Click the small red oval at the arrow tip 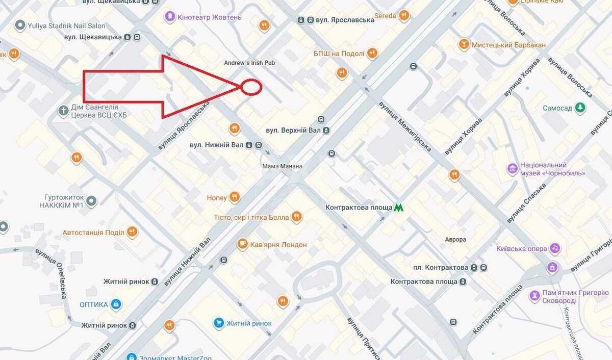[251, 87]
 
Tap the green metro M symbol [399, 208]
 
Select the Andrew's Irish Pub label [249, 63]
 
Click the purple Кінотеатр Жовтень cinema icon [169, 17]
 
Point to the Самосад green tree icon [580, 108]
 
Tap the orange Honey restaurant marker [234, 197]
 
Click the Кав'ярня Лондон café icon [243, 245]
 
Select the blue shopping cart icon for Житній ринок [219, 323]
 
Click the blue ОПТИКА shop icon [116, 304]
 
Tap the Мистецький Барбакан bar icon [464, 45]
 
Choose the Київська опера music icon [555, 249]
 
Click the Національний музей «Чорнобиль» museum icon [512, 169]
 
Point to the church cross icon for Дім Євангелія [63, 111]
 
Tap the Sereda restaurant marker [404, 16]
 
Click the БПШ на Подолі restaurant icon [372, 54]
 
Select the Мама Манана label [282, 166]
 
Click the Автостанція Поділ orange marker [132, 233]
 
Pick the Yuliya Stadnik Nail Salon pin [20, 25]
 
